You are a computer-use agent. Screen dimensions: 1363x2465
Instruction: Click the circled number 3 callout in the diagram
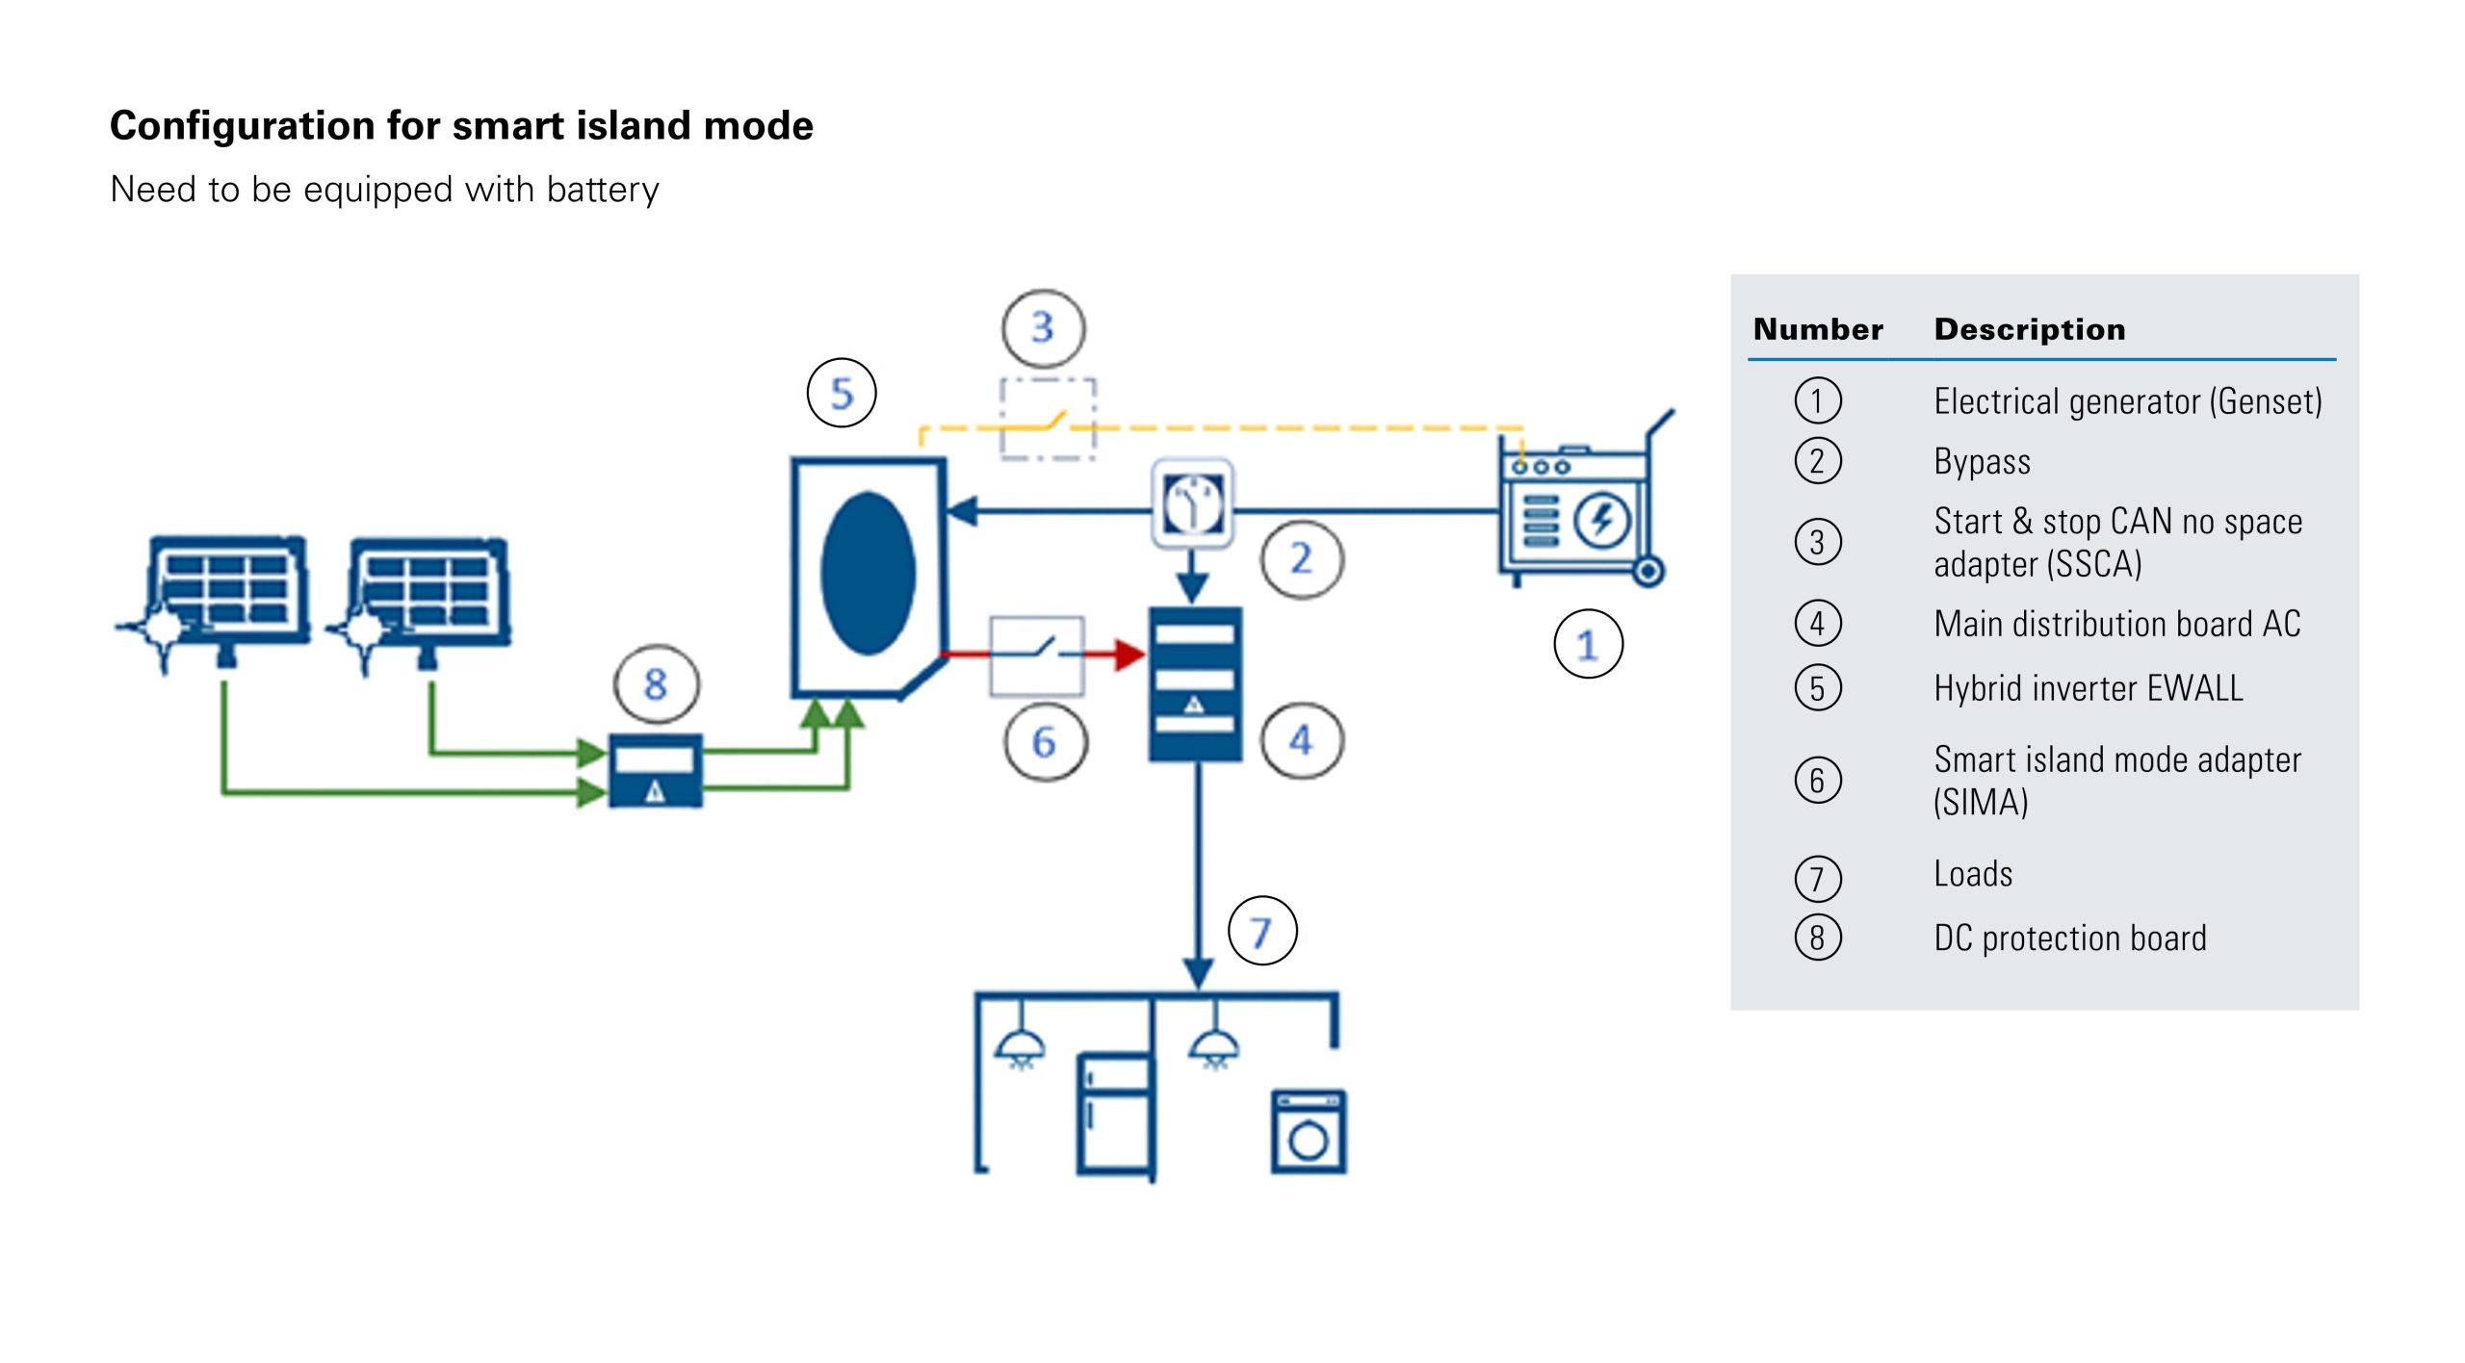1043,328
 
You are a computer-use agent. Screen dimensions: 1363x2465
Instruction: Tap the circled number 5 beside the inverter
842,393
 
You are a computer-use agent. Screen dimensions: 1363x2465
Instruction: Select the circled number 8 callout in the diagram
656,684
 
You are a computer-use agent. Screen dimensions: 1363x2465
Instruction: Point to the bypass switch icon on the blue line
1193,504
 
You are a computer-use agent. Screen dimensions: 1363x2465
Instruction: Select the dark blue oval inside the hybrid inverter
868,573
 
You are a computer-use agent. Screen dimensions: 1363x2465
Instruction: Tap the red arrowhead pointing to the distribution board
1129,655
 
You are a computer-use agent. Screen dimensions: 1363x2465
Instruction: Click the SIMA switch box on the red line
1037,655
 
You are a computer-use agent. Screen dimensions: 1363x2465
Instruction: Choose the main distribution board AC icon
1195,683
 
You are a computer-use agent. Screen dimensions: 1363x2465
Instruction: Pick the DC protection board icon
656,770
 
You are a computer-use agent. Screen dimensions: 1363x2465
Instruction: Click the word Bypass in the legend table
1982,462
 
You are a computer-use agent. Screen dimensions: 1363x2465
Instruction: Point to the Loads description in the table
1973,874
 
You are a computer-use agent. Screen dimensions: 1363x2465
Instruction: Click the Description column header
2029,329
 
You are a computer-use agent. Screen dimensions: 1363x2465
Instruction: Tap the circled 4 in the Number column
1817,624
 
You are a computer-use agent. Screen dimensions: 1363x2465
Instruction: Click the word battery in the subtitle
603,190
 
